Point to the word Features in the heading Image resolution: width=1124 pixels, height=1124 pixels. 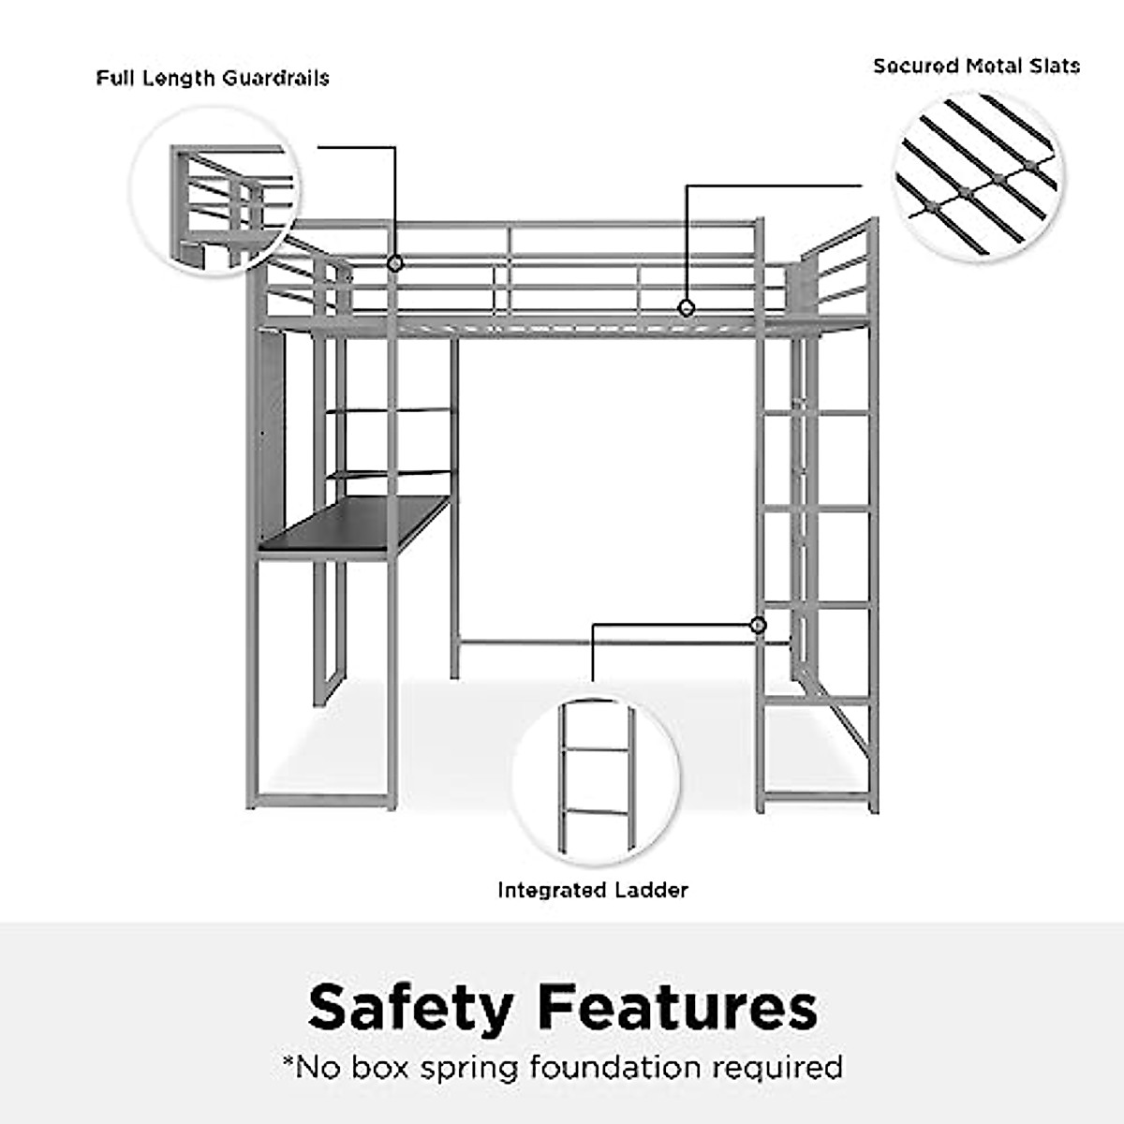678,1007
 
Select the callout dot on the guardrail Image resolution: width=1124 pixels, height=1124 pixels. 395,264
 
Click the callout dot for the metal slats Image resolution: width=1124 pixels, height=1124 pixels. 687,307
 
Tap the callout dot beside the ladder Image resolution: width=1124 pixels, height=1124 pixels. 758,625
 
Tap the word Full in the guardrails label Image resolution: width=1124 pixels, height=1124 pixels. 115,78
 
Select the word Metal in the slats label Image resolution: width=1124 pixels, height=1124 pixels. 994,66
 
